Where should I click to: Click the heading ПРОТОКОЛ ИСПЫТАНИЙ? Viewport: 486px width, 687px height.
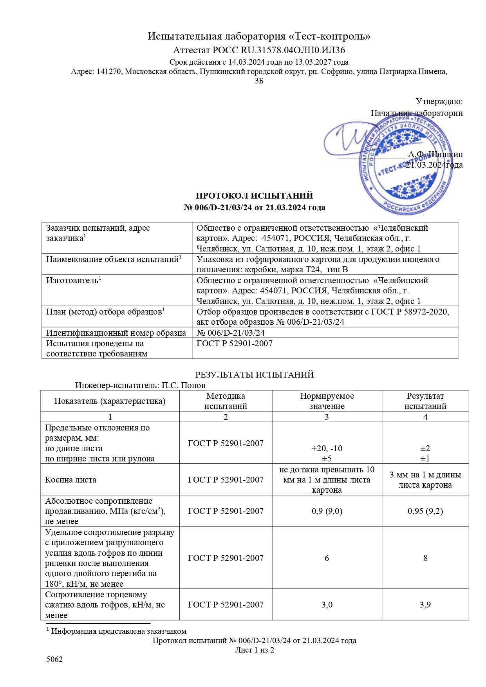click(x=254, y=196)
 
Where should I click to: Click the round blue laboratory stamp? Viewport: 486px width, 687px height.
click(x=403, y=166)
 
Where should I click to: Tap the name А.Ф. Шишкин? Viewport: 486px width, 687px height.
click(x=435, y=154)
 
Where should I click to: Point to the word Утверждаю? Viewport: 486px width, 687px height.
click(x=439, y=101)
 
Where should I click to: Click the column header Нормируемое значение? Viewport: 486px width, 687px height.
click(x=327, y=401)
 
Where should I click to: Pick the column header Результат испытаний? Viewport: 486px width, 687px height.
click(x=425, y=401)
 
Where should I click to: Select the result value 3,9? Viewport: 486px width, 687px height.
click(x=425, y=605)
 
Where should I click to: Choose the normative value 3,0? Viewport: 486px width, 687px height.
click(x=327, y=605)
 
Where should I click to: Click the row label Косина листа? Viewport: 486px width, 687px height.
click(x=70, y=480)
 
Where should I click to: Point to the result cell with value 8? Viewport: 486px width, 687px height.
click(x=425, y=558)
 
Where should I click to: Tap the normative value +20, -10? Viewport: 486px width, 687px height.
click(x=327, y=448)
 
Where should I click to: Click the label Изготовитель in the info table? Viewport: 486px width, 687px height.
click(x=72, y=280)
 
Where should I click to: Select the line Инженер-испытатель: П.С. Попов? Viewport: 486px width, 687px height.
click(x=140, y=385)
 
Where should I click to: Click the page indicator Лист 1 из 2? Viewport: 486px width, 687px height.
click(x=254, y=650)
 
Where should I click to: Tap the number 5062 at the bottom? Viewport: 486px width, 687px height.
click(x=54, y=659)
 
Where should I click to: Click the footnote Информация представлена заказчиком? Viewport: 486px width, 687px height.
click(x=119, y=631)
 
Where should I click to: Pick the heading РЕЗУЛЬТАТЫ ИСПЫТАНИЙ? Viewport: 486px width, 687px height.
click(x=254, y=375)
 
